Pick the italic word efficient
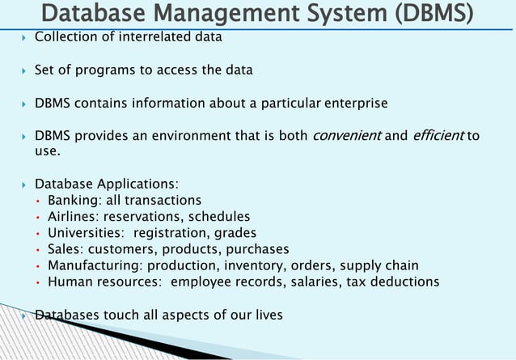click(437, 136)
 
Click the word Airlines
click(72, 217)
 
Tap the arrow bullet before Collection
click(24, 38)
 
